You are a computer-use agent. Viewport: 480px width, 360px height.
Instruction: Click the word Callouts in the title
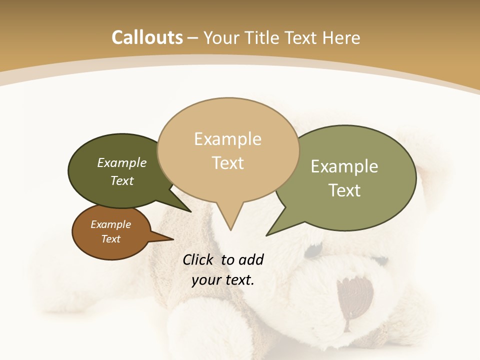click(x=147, y=37)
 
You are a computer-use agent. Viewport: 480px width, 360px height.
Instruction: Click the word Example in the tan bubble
click(x=227, y=139)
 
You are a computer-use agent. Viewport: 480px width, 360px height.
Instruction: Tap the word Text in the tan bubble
click(x=227, y=163)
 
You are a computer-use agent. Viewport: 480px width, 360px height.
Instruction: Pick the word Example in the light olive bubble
click(x=344, y=166)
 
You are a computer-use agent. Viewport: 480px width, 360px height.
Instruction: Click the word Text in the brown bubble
click(x=110, y=239)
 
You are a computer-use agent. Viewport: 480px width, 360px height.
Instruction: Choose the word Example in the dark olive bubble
click(x=121, y=163)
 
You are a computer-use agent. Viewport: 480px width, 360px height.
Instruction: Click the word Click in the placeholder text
click(x=198, y=259)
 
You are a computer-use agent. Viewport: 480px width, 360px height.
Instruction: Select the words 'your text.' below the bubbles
click(x=222, y=280)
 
